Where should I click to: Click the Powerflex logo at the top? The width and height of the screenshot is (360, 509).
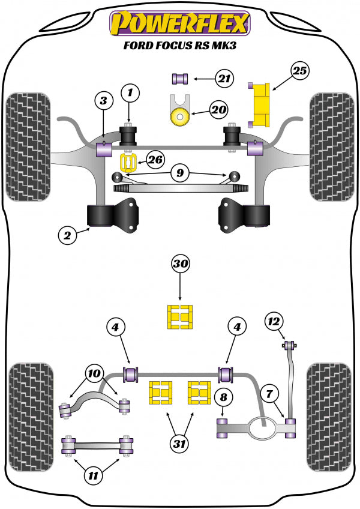(179, 23)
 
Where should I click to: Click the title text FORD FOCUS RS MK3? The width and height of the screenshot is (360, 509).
(179, 46)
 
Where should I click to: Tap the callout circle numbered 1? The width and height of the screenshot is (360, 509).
(129, 93)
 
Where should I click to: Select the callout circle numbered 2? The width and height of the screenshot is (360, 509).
(68, 236)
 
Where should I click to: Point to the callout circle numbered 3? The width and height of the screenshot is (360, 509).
(103, 101)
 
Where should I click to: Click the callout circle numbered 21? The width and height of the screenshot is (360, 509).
(224, 78)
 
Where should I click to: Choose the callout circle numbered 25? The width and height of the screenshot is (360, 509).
(299, 71)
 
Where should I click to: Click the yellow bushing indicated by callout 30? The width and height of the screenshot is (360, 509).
(179, 318)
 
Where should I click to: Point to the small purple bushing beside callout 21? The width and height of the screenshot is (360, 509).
(180, 78)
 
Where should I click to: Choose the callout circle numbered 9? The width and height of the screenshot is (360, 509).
(179, 174)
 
